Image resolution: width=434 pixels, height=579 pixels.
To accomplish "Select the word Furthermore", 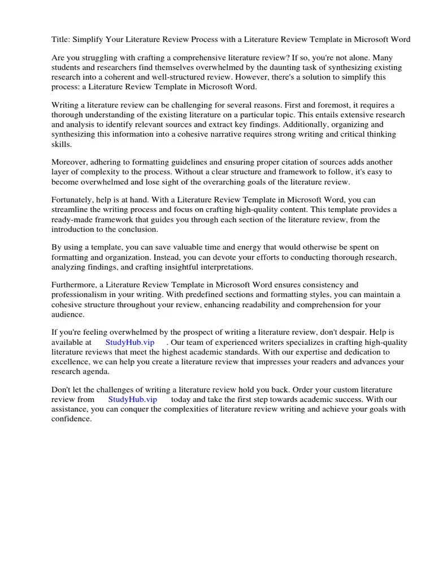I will (76, 286).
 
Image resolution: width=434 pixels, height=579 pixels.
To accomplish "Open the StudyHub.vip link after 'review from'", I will (132, 399).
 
